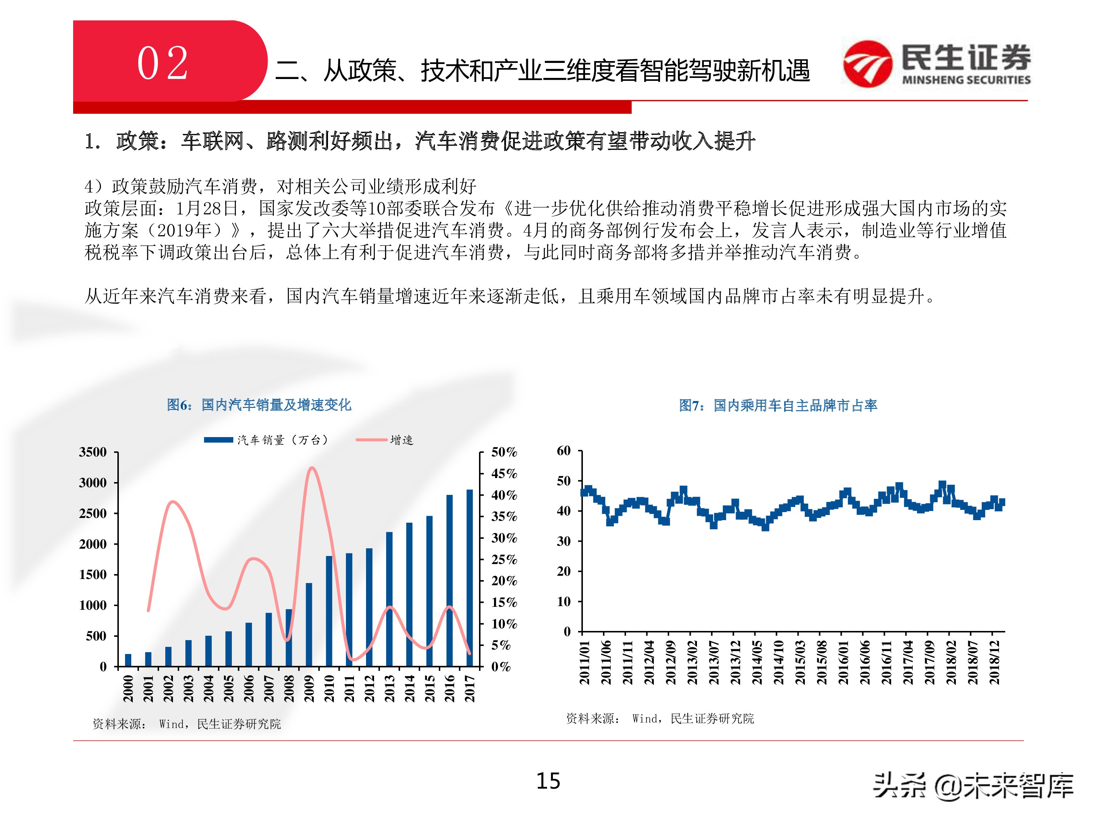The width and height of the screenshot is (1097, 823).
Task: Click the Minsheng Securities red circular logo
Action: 867,64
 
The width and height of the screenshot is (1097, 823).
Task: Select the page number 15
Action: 548,781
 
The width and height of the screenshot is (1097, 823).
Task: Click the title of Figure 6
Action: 259,405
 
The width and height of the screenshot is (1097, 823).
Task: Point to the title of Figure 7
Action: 778,405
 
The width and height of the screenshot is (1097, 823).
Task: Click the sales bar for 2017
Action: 469,578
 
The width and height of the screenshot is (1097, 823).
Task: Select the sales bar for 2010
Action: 329,611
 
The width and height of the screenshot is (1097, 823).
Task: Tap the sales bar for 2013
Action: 389,599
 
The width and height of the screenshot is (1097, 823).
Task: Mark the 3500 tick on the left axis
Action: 93,452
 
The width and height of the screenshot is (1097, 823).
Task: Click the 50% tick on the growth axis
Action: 504,452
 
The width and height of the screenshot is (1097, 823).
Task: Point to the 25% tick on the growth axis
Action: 504,560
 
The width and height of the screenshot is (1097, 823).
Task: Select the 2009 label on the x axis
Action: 309,688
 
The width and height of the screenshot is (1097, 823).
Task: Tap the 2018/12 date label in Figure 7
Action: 994,662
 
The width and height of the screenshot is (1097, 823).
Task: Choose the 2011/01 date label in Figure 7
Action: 584,662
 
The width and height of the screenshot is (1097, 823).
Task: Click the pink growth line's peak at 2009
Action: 311,468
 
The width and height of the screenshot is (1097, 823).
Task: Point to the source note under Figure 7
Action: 660,718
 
